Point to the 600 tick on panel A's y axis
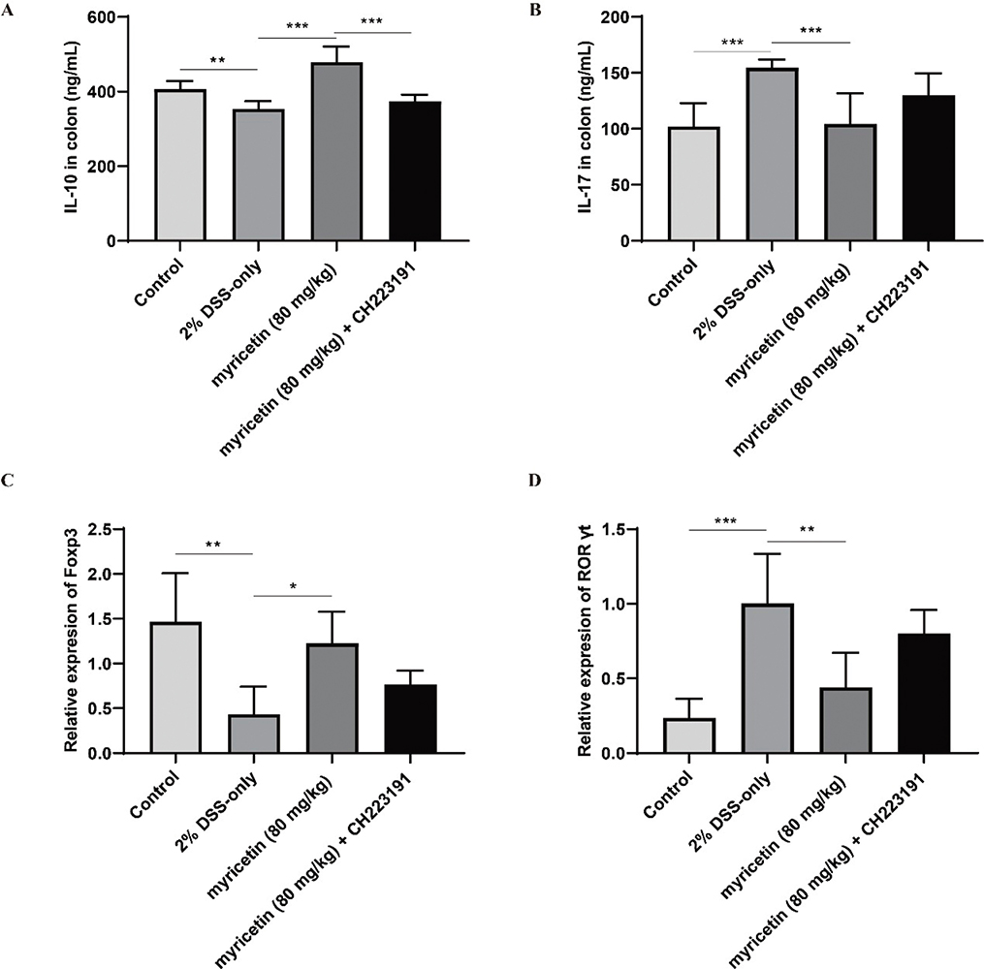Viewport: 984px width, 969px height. pyautogui.click(x=98, y=17)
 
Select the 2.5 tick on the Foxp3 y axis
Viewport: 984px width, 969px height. pyautogui.click(x=101, y=529)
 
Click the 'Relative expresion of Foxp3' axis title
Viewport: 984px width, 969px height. pyautogui.click(x=70, y=641)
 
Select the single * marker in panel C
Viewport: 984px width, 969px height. pyautogui.click(x=294, y=586)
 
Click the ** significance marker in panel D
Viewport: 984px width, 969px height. pyautogui.click(x=807, y=531)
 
